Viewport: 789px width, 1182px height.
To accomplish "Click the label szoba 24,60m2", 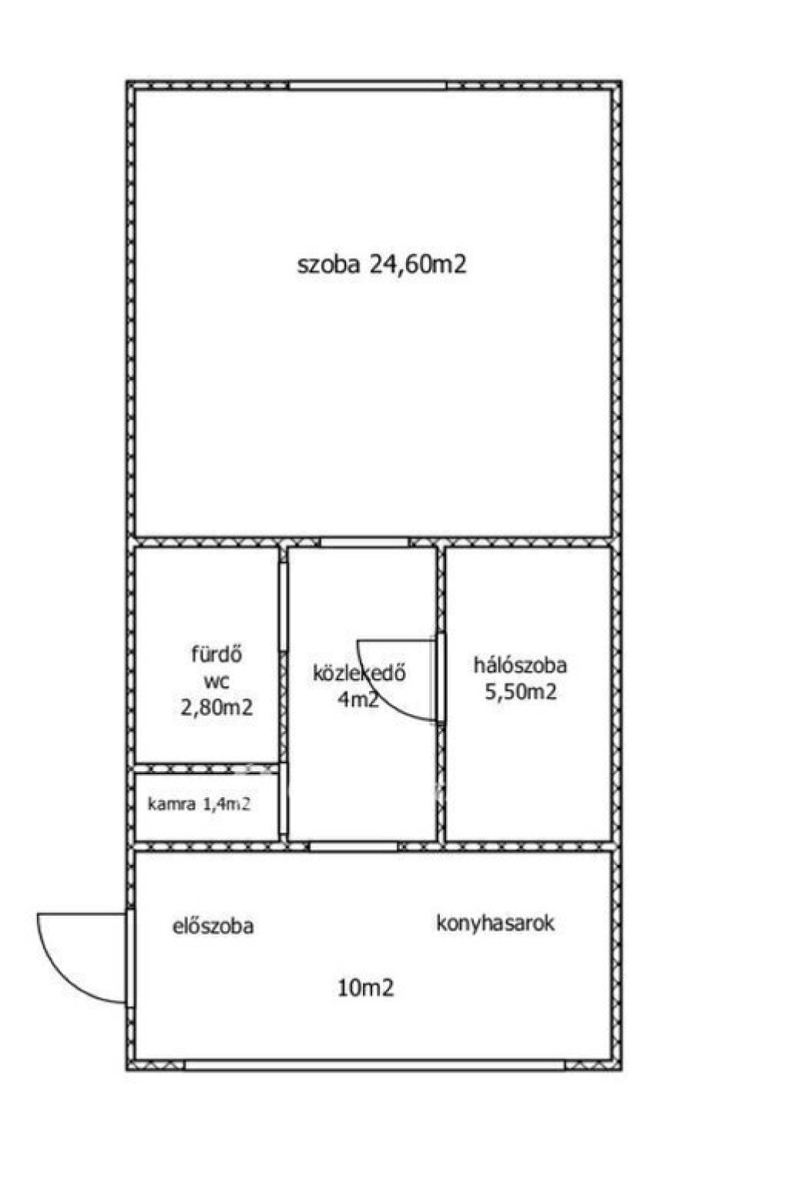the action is point(382,264).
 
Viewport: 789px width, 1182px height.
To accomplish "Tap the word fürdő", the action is point(217,655).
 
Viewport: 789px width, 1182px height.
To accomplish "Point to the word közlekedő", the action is point(359,673).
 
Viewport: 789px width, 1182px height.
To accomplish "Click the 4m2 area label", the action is point(358,699).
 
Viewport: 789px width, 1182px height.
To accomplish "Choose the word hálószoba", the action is point(520,665).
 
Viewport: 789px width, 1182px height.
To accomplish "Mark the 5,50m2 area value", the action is point(521,692).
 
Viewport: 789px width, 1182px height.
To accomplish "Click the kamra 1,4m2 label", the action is point(199,804).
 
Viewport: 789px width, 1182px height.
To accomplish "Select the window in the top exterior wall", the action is point(368,86).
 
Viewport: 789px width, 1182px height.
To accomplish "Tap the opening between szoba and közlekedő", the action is point(365,542).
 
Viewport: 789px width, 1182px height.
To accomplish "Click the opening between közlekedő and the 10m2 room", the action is point(354,847).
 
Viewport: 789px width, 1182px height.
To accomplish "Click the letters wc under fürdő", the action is point(217,682).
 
